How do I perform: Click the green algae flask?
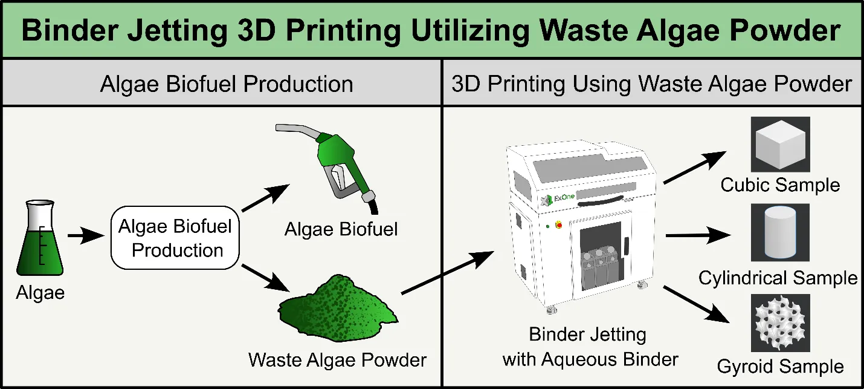[40, 242]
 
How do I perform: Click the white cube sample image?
[780, 144]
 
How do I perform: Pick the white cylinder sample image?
[780, 232]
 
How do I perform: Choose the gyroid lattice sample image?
[780, 322]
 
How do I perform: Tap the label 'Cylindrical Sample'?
[778, 278]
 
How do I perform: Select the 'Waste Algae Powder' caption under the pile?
[337, 360]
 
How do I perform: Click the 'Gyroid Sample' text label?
[780, 367]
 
